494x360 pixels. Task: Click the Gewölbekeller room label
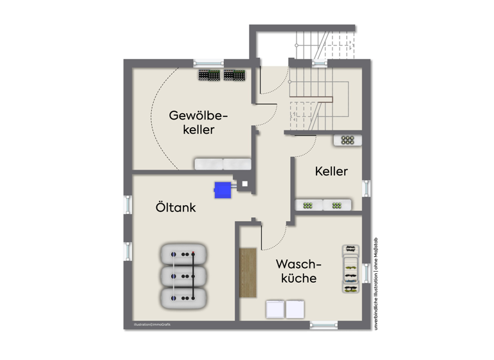click(x=198, y=122)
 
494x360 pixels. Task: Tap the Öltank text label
click(x=175, y=208)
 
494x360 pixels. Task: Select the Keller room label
click(x=331, y=172)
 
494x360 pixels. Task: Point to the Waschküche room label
click(x=298, y=271)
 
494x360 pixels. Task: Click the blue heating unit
click(x=223, y=189)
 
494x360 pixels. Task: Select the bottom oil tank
click(x=183, y=297)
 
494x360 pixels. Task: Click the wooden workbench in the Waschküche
click(x=248, y=273)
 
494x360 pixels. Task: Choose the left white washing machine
click(x=275, y=309)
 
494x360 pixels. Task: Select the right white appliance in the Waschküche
click(x=295, y=309)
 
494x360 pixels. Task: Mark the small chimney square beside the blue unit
click(x=244, y=184)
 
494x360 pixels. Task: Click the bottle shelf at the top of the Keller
click(x=348, y=139)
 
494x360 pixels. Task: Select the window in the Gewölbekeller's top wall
click(x=208, y=62)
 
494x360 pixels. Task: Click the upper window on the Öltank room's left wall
click(x=127, y=205)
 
